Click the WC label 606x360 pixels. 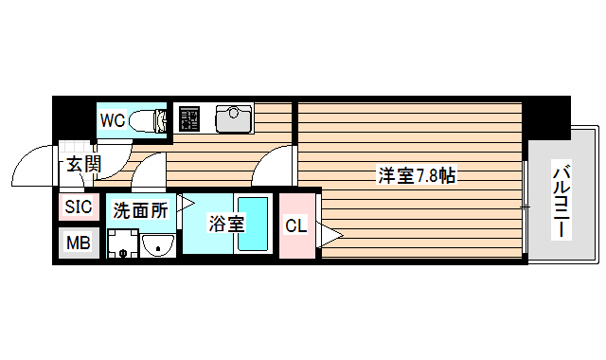tap(113, 120)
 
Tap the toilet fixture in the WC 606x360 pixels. tap(148, 120)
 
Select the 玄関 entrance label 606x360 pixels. tap(82, 164)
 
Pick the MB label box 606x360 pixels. tap(79, 243)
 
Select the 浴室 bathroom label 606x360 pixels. tap(226, 225)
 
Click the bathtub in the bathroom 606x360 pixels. tap(253, 225)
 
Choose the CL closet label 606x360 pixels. tap(295, 226)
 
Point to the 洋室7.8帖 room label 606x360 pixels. tap(418, 175)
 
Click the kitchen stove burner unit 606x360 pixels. tap(191, 118)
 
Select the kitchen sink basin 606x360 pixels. tap(233, 118)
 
